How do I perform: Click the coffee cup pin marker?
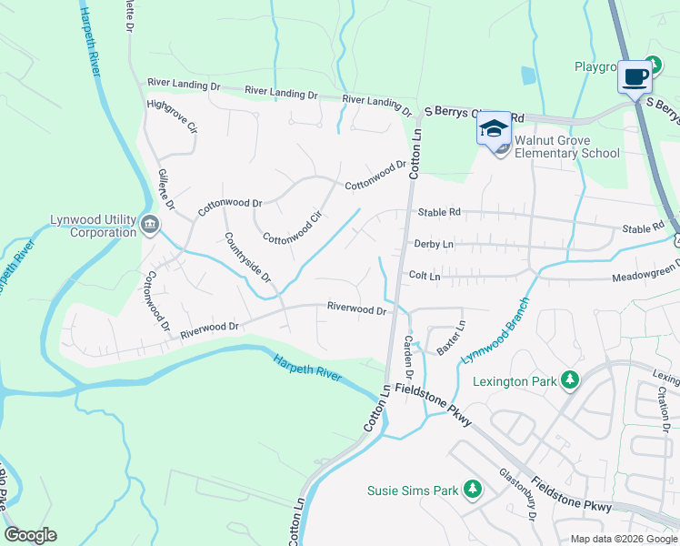pos(635,76)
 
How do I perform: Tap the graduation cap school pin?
pos(494,127)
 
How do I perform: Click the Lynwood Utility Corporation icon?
pos(150,223)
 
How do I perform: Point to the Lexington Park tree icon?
pos(570,380)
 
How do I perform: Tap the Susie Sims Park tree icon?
pos(472,490)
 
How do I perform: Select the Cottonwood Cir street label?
pos(293,227)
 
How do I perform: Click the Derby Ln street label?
pos(434,244)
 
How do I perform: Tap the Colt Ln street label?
pos(425,275)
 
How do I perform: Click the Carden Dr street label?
pos(409,358)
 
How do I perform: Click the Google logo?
pos(30,535)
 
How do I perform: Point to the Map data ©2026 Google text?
pos(624,539)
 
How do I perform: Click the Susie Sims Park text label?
pos(413,490)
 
